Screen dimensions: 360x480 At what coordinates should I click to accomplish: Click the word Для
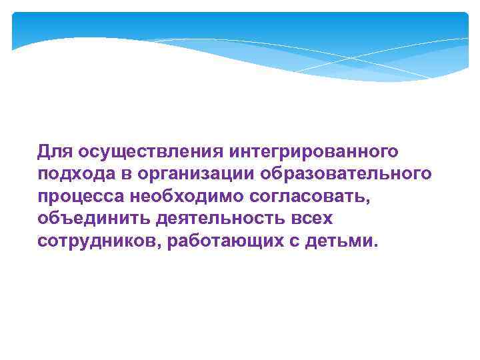(52, 151)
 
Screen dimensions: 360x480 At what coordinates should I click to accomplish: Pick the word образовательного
(347, 174)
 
